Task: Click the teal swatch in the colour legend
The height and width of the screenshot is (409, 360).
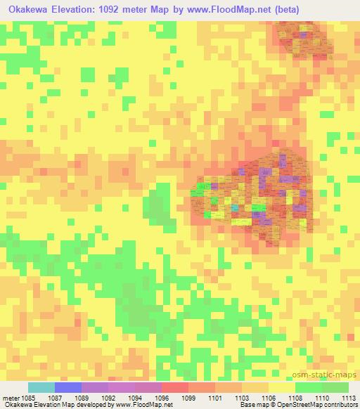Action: tap(41, 387)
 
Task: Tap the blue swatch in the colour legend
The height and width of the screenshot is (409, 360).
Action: tap(68, 387)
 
